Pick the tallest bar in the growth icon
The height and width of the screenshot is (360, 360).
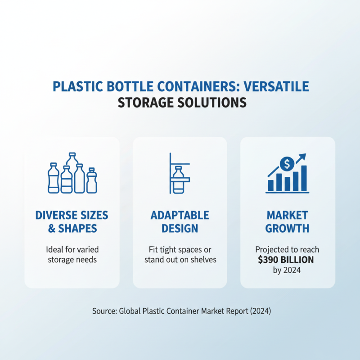[x=304, y=178]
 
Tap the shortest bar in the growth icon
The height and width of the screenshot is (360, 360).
[x=271, y=185]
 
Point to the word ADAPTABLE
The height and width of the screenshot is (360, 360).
[x=180, y=215]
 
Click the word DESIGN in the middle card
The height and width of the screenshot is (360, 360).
[x=180, y=228]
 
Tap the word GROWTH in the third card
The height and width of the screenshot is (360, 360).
[x=287, y=228]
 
